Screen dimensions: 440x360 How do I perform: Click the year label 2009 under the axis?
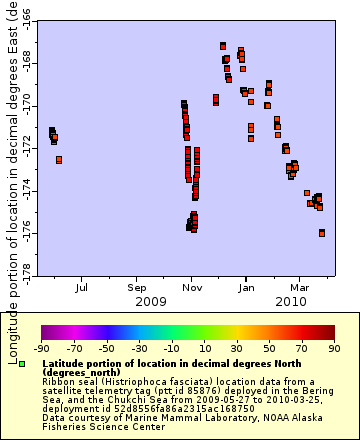click(x=150, y=300)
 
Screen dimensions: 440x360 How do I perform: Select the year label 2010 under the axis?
click(x=290, y=300)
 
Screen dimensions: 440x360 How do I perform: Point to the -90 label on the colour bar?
click(x=41, y=348)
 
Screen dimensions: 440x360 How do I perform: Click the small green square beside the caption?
click(x=35, y=364)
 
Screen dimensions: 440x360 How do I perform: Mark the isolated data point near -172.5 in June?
click(x=59, y=160)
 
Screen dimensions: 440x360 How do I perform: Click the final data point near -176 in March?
click(x=322, y=233)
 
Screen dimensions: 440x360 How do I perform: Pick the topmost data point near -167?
click(x=222, y=46)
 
